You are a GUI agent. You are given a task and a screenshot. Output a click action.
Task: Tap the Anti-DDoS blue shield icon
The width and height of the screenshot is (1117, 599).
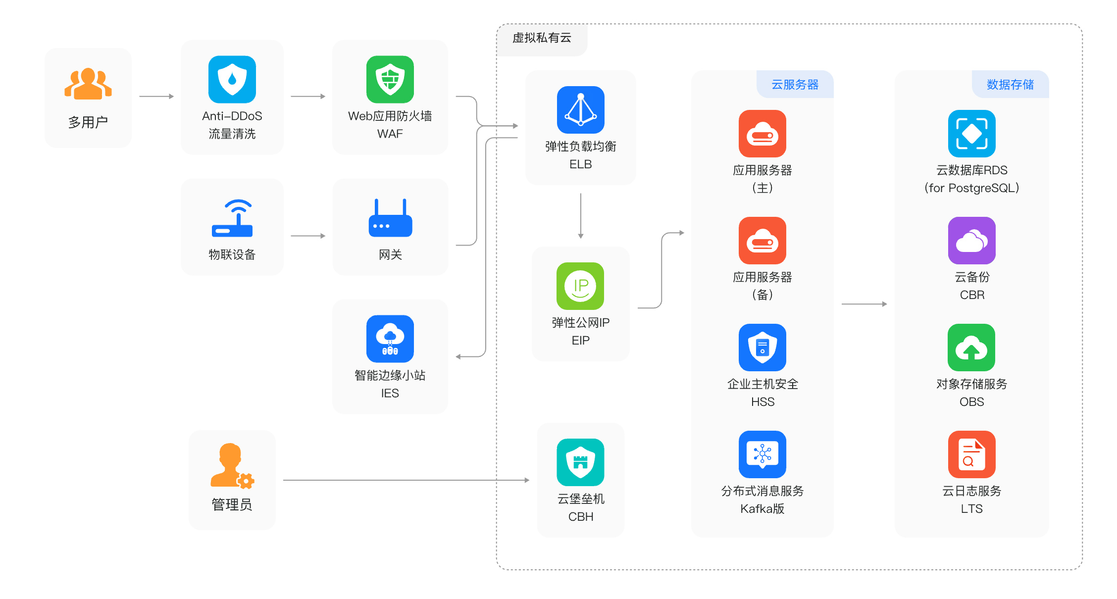tap(232, 79)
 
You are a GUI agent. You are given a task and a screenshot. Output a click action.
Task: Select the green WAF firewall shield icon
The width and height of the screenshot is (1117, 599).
tap(390, 79)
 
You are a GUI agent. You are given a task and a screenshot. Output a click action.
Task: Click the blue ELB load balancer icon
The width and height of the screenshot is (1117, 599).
tap(580, 110)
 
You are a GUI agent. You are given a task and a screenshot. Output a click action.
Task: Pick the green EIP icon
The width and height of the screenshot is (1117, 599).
tap(580, 286)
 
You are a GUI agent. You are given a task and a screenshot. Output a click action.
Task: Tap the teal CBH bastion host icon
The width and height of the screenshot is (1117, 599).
tap(580, 462)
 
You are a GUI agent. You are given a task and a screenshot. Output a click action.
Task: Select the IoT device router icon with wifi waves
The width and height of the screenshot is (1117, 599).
tap(232, 218)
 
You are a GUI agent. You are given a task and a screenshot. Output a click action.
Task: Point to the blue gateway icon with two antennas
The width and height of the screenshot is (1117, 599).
tap(390, 218)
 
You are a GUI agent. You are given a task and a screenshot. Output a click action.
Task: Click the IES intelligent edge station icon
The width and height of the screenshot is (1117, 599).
tap(390, 339)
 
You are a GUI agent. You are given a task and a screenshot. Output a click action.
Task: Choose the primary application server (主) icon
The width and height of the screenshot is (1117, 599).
tap(762, 134)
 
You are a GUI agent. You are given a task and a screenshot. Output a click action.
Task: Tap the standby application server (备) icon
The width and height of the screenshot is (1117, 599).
tap(762, 241)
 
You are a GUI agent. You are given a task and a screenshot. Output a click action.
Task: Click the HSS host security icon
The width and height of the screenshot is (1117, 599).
tap(762, 348)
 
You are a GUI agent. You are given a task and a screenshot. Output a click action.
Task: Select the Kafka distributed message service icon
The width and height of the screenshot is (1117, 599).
tap(762, 454)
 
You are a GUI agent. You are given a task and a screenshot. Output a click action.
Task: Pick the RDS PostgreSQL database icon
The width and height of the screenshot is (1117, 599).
tap(971, 134)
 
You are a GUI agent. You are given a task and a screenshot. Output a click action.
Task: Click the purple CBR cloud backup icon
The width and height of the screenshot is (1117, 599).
tap(971, 241)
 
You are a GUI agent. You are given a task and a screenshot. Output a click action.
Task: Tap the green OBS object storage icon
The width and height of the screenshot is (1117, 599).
tap(971, 348)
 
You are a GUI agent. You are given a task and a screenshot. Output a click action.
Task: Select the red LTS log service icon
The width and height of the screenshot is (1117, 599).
tap(971, 454)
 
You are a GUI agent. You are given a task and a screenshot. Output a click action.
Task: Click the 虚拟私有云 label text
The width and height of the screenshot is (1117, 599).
tap(542, 38)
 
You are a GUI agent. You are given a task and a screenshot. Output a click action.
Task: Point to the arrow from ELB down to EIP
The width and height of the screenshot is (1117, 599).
tap(580, 216)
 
